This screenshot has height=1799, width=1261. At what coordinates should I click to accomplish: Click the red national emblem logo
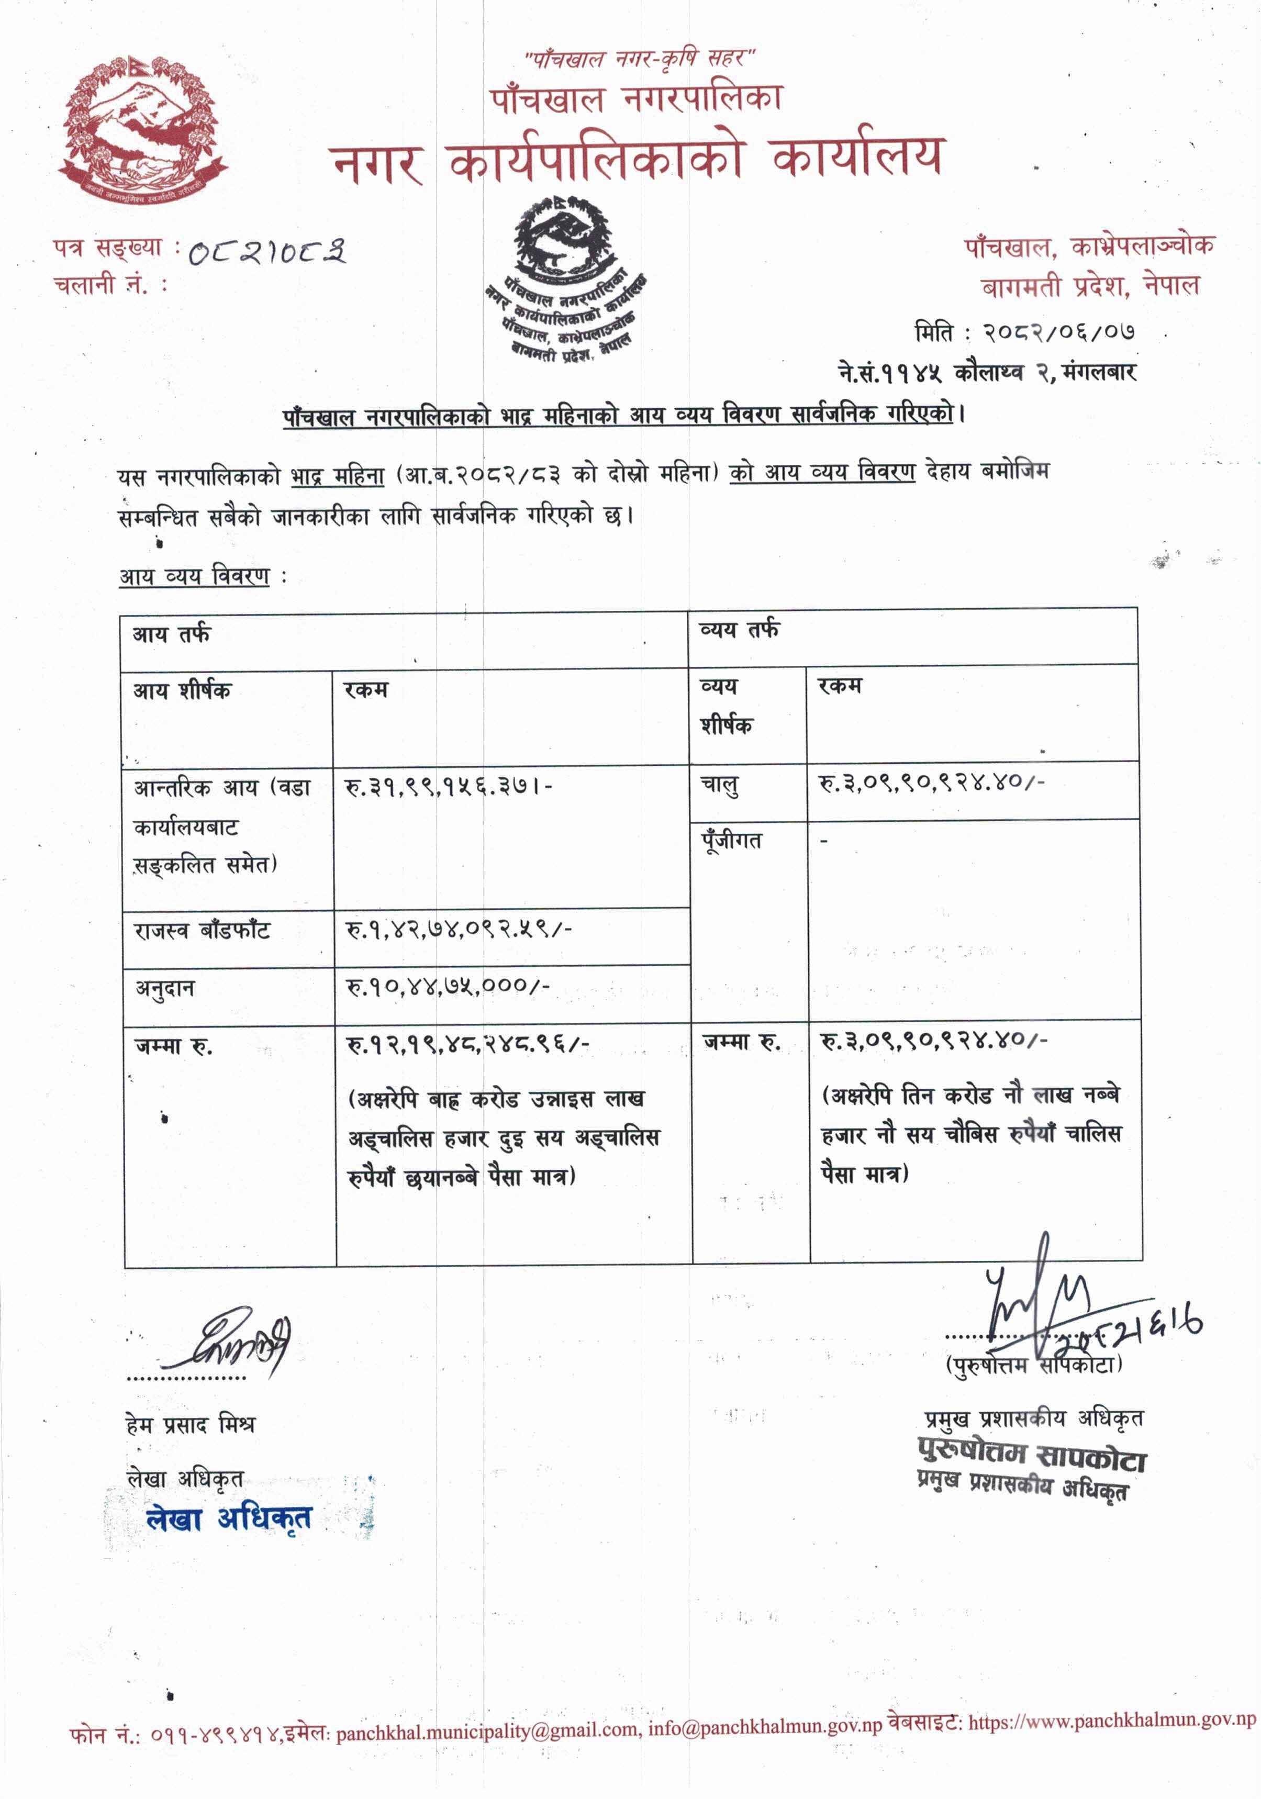tap(141, 130)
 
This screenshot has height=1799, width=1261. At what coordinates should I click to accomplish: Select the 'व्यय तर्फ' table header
tap(739, 629)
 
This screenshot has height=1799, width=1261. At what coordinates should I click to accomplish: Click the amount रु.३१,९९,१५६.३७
tap(448, 786)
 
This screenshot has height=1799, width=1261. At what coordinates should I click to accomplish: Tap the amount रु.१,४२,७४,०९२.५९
tap(459, 929)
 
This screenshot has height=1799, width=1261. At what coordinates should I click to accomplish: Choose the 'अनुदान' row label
tap(164, 989)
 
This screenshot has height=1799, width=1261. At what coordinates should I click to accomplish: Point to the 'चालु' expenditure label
tap(719, 784)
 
